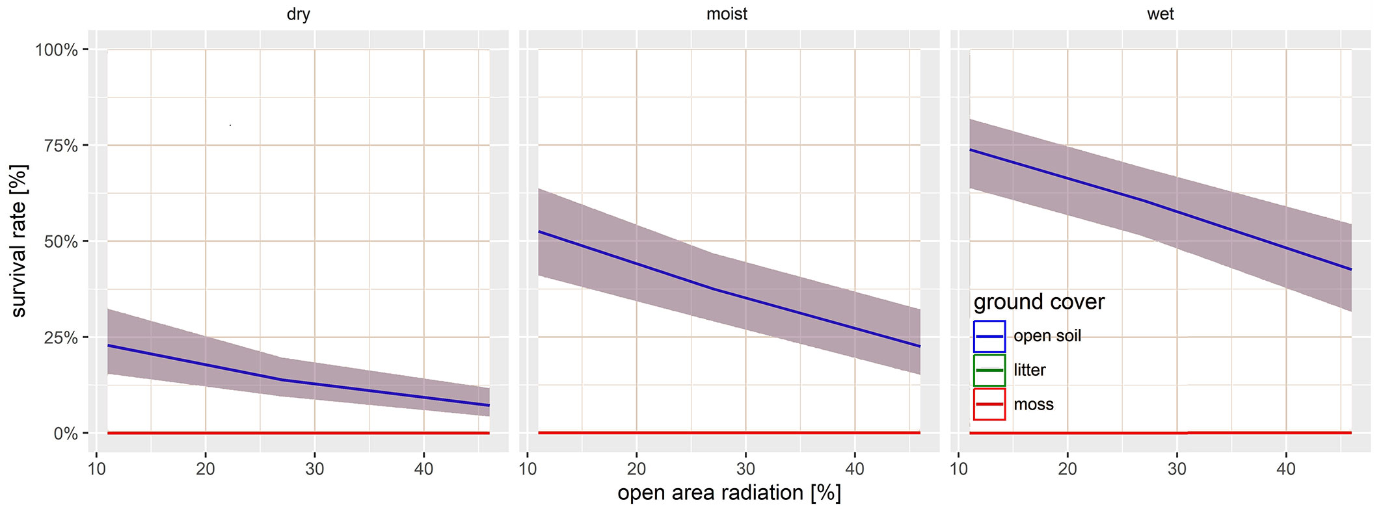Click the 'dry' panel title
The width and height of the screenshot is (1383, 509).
coord(298,14)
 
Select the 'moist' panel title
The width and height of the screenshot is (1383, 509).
coord(727,14)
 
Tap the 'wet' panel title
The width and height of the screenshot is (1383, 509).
coord(1160,14)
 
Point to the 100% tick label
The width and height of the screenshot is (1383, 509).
coord(57,50)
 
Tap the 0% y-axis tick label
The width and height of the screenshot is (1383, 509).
coord(65,434)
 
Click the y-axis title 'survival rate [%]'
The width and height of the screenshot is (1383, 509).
coord(20,241)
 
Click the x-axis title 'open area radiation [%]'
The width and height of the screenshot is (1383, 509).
coord(729,493)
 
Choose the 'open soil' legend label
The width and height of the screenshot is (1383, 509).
coord(1047,336)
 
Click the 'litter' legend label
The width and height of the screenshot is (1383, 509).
coord(1030,370)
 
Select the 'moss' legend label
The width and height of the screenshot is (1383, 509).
coord(1034,404)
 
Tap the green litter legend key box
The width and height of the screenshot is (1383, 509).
coord(989,370)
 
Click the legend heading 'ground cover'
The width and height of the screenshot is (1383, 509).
coord(1039,302)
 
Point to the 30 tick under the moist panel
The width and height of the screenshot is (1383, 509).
coord(745,469)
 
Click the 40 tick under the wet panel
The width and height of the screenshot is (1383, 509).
coord(1286,469)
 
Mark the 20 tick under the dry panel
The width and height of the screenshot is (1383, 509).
coord(206,469)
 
